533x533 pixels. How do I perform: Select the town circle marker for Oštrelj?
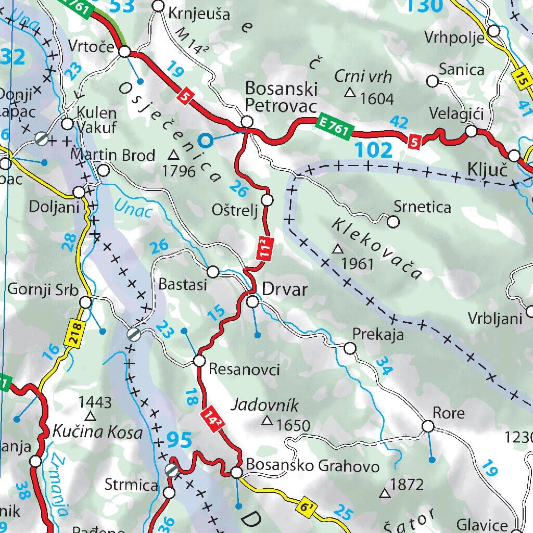pos(268,200)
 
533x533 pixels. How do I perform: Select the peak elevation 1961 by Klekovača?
pos(359,263)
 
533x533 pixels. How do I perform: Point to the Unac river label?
pos(134,208)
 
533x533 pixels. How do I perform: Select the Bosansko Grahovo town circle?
pos(237,473)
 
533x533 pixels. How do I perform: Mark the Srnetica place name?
pos(422,207)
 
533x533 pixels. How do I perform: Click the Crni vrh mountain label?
pos(363,77)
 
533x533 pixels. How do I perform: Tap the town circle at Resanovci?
pos(200,361)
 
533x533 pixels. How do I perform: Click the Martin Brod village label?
pos(113,155)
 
